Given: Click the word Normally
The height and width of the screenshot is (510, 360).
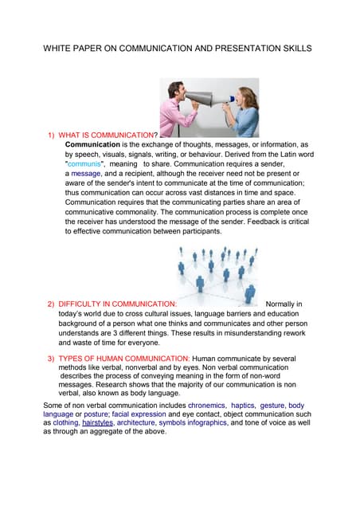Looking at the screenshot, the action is click(x=284, y=304).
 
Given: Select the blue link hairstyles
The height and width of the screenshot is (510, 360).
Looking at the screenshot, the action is click(x=97, y=423).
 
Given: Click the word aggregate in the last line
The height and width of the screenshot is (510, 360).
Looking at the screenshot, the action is click(x=106, y=432).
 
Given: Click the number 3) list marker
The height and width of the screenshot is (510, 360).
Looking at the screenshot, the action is click(x=50, y=359).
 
